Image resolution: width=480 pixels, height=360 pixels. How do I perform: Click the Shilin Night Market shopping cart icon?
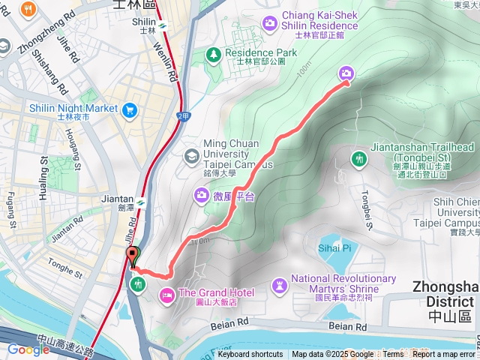[x=130, y=109]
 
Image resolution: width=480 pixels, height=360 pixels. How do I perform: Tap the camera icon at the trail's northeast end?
[x=346, y=73]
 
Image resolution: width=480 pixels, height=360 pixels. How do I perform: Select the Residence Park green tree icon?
[x=214, y=54]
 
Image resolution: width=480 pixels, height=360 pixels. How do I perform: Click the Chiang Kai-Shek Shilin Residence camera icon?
[x=269, y=24]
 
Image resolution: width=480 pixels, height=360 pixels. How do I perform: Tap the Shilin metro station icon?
[x=163, y=31]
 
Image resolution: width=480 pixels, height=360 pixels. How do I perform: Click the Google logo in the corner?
[x=28, y=349]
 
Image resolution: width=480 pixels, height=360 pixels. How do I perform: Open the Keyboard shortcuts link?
[x=250, y=355]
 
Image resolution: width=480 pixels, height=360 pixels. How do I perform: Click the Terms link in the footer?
[x=393, y=355]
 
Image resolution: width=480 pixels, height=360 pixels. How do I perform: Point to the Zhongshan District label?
[x=445, y=293]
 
